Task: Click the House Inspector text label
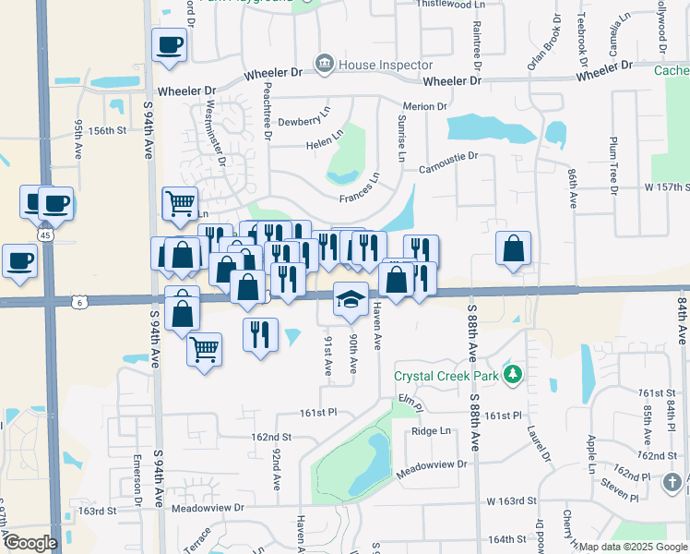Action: (386, 65)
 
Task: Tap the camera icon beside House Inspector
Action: (325, 64)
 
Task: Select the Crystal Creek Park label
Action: (446, 376)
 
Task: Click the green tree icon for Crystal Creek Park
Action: (507, 375)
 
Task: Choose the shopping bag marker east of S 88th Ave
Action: (513, 248)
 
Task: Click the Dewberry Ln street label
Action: (304, 119)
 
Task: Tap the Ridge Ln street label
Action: (432, 431)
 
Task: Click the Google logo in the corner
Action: (30, 543)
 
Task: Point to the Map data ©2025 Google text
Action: (634, 547)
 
